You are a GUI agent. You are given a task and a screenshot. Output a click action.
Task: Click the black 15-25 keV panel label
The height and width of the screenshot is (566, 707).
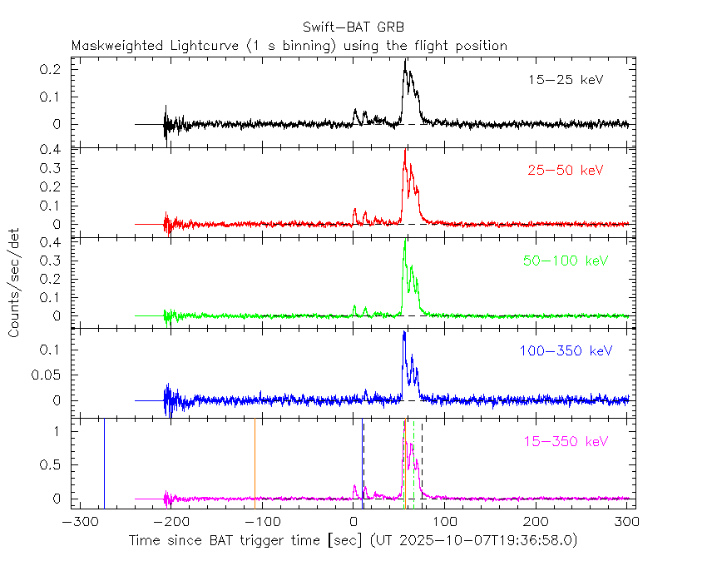(565, 80)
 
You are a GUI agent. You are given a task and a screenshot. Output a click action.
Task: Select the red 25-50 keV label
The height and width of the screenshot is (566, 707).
(565, 170)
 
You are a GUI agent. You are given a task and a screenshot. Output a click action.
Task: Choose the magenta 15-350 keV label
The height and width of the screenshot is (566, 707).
(565, 441)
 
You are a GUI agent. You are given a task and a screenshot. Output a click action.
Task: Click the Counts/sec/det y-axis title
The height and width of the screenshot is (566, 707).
(15, 284)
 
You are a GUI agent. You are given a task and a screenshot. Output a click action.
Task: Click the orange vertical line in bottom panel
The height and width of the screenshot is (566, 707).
(255, 462)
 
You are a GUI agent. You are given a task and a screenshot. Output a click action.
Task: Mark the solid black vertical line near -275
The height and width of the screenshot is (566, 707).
(104, 462)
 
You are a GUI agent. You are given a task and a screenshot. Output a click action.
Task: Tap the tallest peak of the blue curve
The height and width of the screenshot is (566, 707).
(403, 333)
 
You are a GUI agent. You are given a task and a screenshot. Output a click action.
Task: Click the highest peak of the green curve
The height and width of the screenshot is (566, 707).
(404, 241)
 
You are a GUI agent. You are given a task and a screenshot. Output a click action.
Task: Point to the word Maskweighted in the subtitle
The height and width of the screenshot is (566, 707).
(112, 46)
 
